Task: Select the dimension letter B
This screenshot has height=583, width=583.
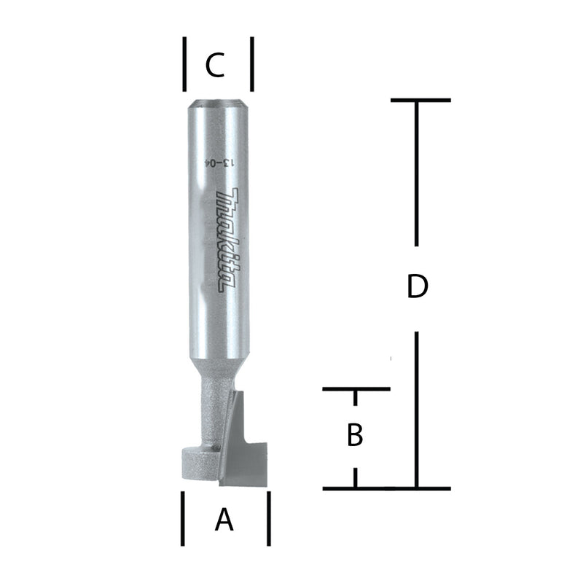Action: (x=355, y=435)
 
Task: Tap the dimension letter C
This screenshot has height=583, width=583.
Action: (x=215, y=66)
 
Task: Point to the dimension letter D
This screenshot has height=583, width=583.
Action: (x=416, y=287)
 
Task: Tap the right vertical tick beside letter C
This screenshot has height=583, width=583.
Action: (x=251, y=63)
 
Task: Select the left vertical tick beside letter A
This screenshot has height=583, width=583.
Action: (x=182, y=518)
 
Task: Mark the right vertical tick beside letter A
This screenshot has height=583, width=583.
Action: (x=269, y=518)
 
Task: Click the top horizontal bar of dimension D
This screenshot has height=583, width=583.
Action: (x=420, y=101)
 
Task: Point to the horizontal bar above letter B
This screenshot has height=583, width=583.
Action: (x=356, y=390)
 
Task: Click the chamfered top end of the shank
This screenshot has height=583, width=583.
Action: (x=216, y=103)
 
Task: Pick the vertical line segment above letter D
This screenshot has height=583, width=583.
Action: (x=416, y=173)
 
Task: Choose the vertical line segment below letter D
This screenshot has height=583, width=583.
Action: (x=416, y=408)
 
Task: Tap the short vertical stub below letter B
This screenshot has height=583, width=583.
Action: (x=356, y=478)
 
